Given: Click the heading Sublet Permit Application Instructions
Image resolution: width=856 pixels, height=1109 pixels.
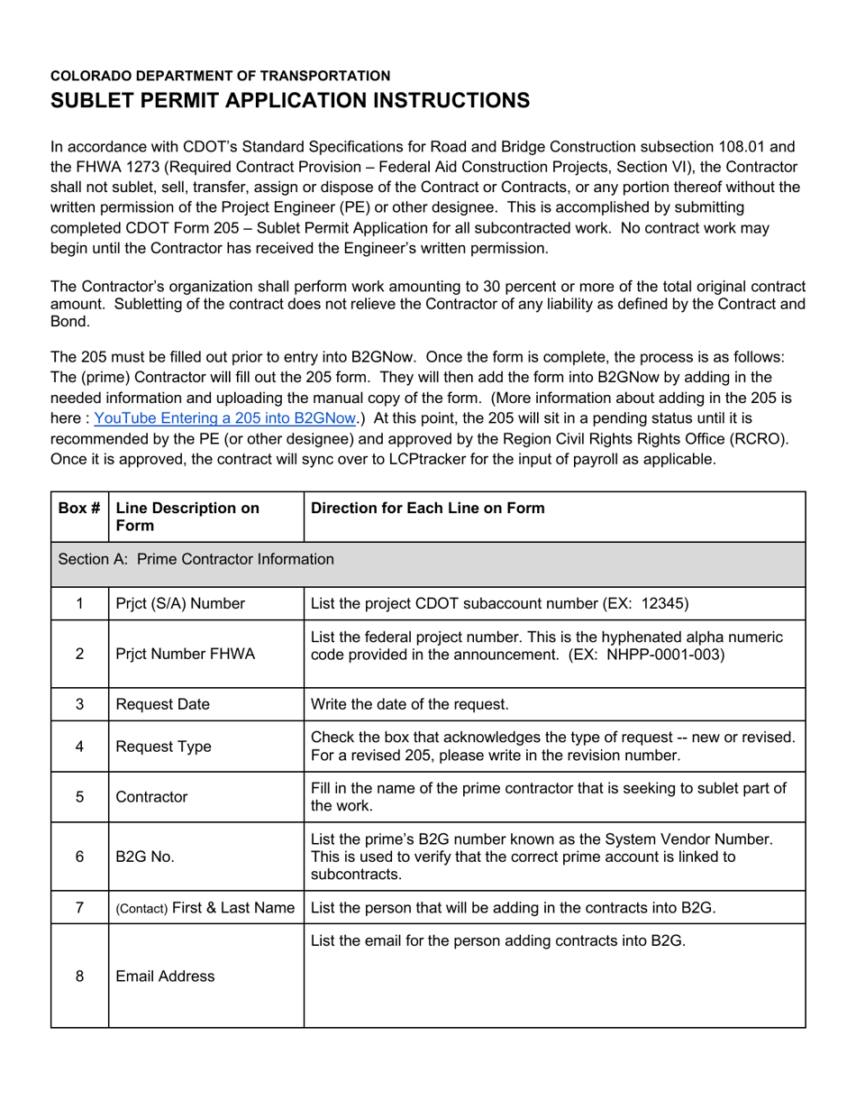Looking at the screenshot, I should pyautogui.click(x=289, y=100).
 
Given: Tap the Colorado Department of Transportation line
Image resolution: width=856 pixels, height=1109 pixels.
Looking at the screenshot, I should pyautogui.click(x=220, y=76).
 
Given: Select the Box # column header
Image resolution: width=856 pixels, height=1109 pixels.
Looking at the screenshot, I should pyautogui.click(x=79, y=508).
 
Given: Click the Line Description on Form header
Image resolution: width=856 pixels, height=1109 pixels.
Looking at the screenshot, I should pyautogui.click(x=187, y=516).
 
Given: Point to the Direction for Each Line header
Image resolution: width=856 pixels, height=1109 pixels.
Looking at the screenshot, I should pyautogui.click(x=427, y=508).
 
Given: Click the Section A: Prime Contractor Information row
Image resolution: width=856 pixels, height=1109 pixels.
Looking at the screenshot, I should pyautogui.click(x=196, y=559).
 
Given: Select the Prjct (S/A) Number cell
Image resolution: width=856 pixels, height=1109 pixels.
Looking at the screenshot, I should pyautogui.click(x=180, y=603).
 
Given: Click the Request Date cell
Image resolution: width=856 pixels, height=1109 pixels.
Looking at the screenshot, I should pyautogui.click(x=162, y=704).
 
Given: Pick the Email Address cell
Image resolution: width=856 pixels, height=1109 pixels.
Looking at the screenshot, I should pyautogui.click(x=166, y=976).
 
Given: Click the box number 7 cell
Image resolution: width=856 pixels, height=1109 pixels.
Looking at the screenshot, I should pyautogui.click(x=79, y=908).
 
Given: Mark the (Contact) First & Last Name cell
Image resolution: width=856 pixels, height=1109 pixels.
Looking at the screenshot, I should pyautogui.click(x=205, y=908).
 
